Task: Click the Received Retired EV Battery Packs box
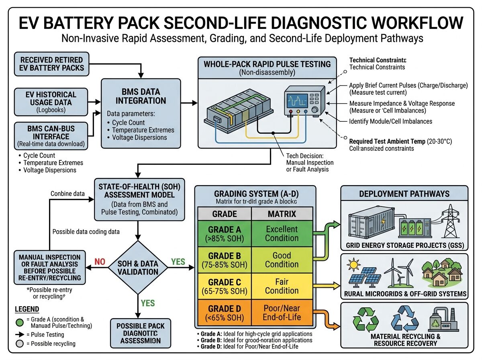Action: [52, 63]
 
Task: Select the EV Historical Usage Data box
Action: [52, 102]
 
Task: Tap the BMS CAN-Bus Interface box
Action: [52, 136]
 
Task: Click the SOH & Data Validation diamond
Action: [138, 268]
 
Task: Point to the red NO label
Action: [100, 262]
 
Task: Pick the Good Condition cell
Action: [282, 260]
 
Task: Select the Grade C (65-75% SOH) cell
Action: [224, 286]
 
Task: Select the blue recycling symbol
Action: [404, 318]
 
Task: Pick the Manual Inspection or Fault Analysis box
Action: [50, 267]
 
